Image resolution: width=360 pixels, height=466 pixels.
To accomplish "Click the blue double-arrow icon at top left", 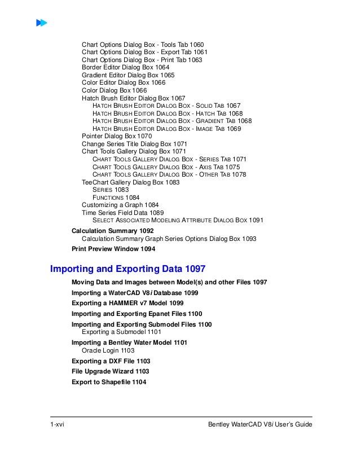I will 41,23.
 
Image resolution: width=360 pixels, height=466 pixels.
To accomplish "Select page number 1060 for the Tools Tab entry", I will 196,45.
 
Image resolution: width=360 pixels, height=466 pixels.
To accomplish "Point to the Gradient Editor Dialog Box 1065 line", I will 128,75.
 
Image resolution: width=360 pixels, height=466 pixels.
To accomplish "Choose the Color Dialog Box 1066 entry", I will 114,90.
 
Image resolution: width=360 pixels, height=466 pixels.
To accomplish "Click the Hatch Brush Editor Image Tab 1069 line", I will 166,129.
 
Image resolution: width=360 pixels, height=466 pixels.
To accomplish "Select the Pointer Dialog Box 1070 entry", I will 116,136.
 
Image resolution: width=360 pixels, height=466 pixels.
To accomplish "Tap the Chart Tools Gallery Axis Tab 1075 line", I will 166,167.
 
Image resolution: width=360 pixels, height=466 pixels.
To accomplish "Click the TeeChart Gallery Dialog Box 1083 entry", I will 131,182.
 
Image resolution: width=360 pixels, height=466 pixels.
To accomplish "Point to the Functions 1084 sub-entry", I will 116,197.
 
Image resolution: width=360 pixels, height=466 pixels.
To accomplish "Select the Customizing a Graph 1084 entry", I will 120,205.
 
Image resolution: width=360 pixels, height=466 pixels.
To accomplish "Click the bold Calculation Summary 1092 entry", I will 113,231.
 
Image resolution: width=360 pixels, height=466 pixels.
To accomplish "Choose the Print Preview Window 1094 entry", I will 113,248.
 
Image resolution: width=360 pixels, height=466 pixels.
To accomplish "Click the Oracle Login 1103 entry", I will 108,350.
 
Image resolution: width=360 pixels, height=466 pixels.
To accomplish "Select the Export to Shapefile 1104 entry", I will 109,382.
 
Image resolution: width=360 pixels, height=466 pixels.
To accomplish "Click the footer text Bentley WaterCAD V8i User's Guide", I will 260,424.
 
